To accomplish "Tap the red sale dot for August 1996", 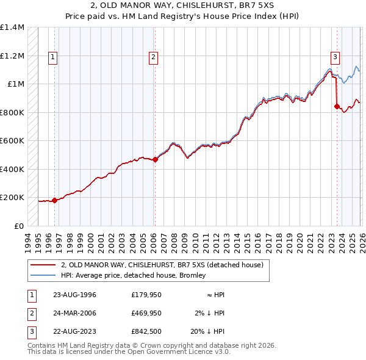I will click(54, 200).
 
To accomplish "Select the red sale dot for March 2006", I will click(155, 160).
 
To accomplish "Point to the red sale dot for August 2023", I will click(337, 106).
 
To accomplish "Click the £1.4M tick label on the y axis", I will click(12, 27).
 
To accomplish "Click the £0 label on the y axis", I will click(18, 226).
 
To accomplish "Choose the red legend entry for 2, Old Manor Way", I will click(161, 265).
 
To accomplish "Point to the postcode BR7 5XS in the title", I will click(257, 7).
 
